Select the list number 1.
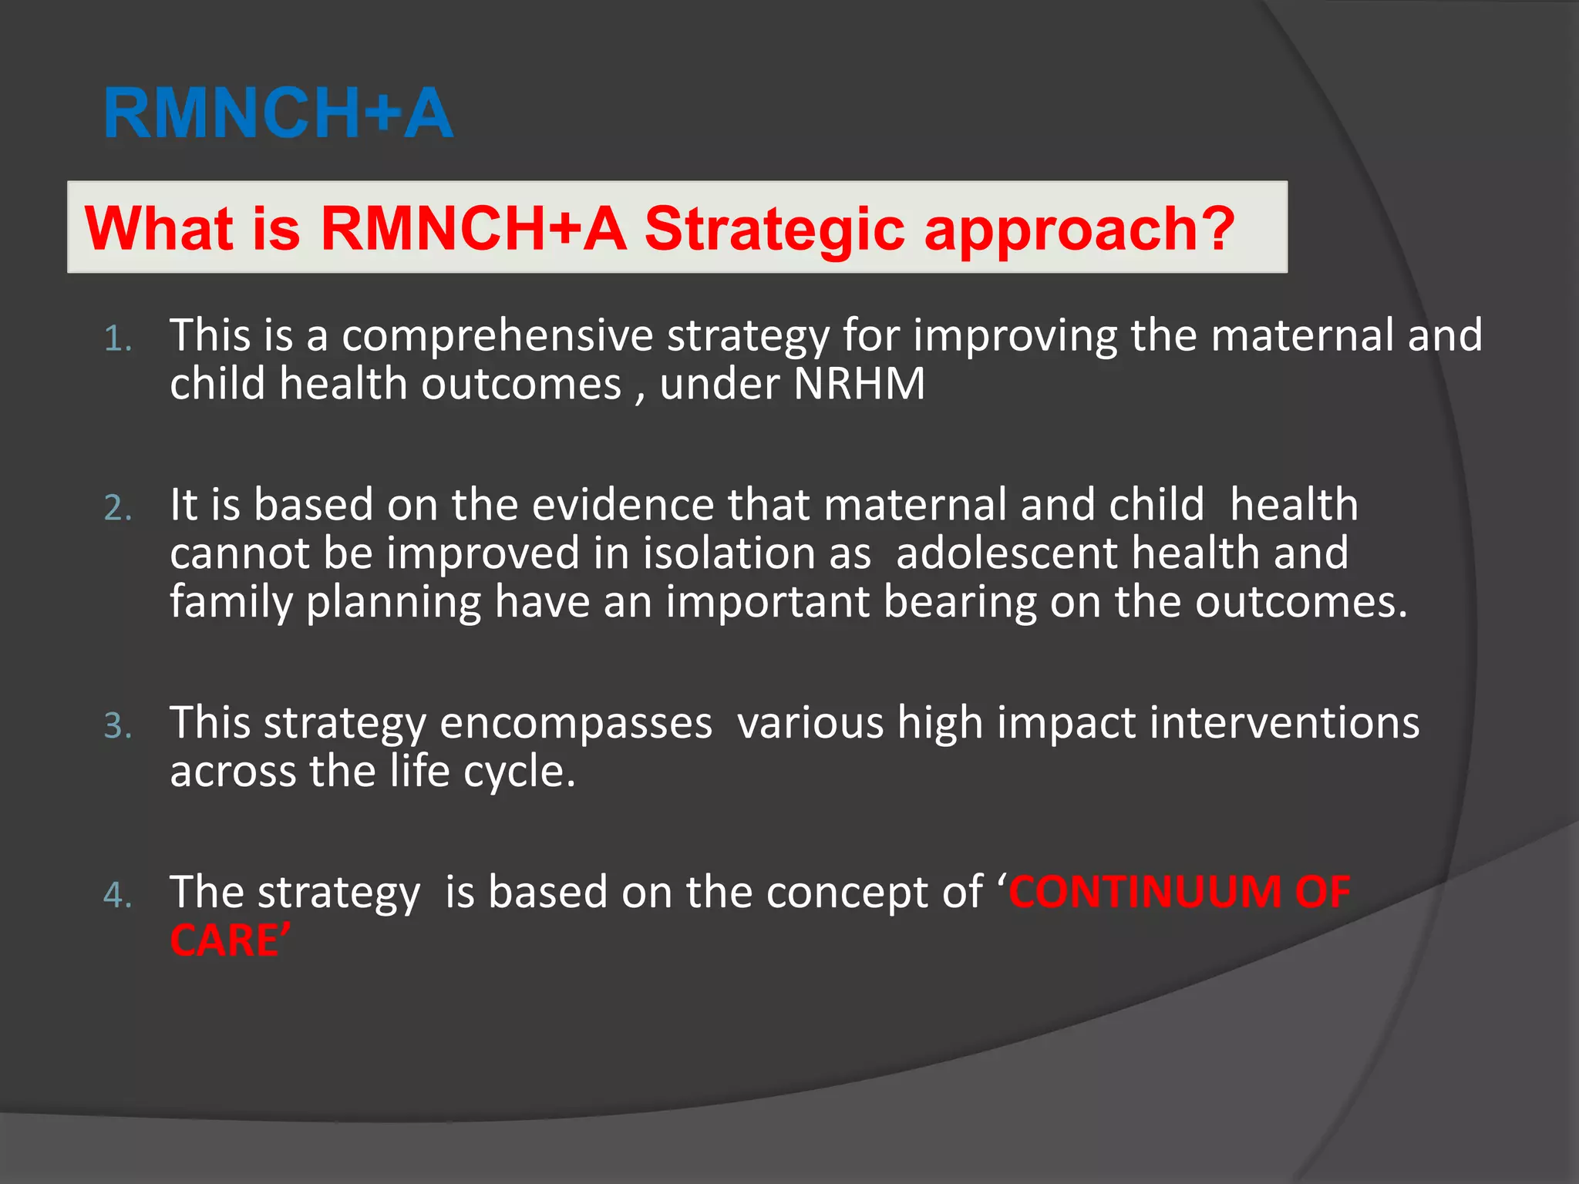coord(117,339)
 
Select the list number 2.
coord(117,509)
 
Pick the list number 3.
coord(117,726)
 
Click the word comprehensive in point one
coord(497,336)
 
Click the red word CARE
coord(224,941)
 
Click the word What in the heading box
coord(159,229)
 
